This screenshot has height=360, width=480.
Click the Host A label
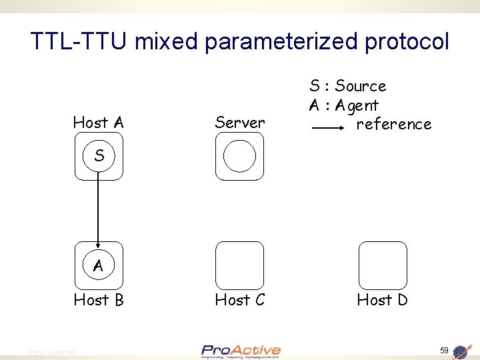point(99,123)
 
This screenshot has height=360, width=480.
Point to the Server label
point(240,123)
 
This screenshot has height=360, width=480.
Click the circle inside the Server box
point(239,156)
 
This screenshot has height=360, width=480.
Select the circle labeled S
point(99,156)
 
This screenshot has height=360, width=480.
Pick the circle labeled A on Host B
point(99,265)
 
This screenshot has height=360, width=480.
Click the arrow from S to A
point(99,207)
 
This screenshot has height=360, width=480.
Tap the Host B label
point(99,300)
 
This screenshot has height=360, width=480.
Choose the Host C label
point(240,300)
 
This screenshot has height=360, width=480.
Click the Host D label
point(382,300)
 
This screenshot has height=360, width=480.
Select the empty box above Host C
point(240,265)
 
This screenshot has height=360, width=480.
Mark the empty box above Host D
point(382,265)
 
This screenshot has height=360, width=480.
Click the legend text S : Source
point(347,86)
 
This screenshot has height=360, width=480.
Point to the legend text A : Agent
point(343,105)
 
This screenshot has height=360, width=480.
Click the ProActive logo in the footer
point(241,351)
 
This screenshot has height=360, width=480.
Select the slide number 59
point(444,350)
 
